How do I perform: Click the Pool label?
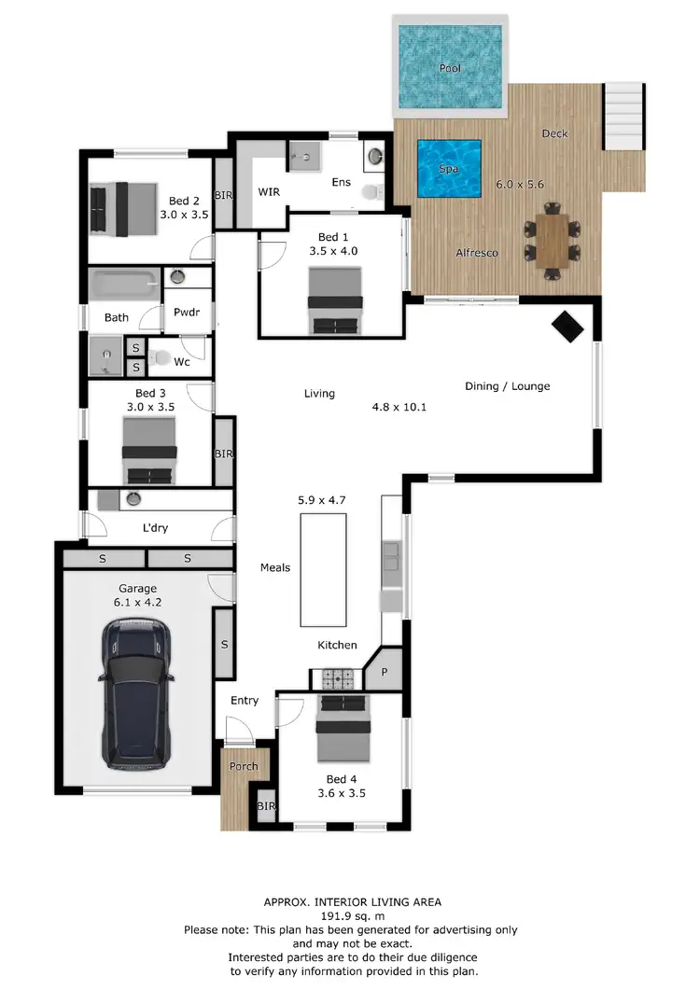(x=451, y=68)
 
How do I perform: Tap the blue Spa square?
(x=449, y=169)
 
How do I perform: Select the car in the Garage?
(x=136, y=693)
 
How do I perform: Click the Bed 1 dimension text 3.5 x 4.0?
(x=334, y=250)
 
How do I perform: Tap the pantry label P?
(x=383, y=672)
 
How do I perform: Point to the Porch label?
(x=244, y=766)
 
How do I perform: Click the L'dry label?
(x=155, y=528)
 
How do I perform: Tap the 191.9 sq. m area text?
(x=351, y=916)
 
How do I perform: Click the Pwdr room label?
(x=187, y=313)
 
